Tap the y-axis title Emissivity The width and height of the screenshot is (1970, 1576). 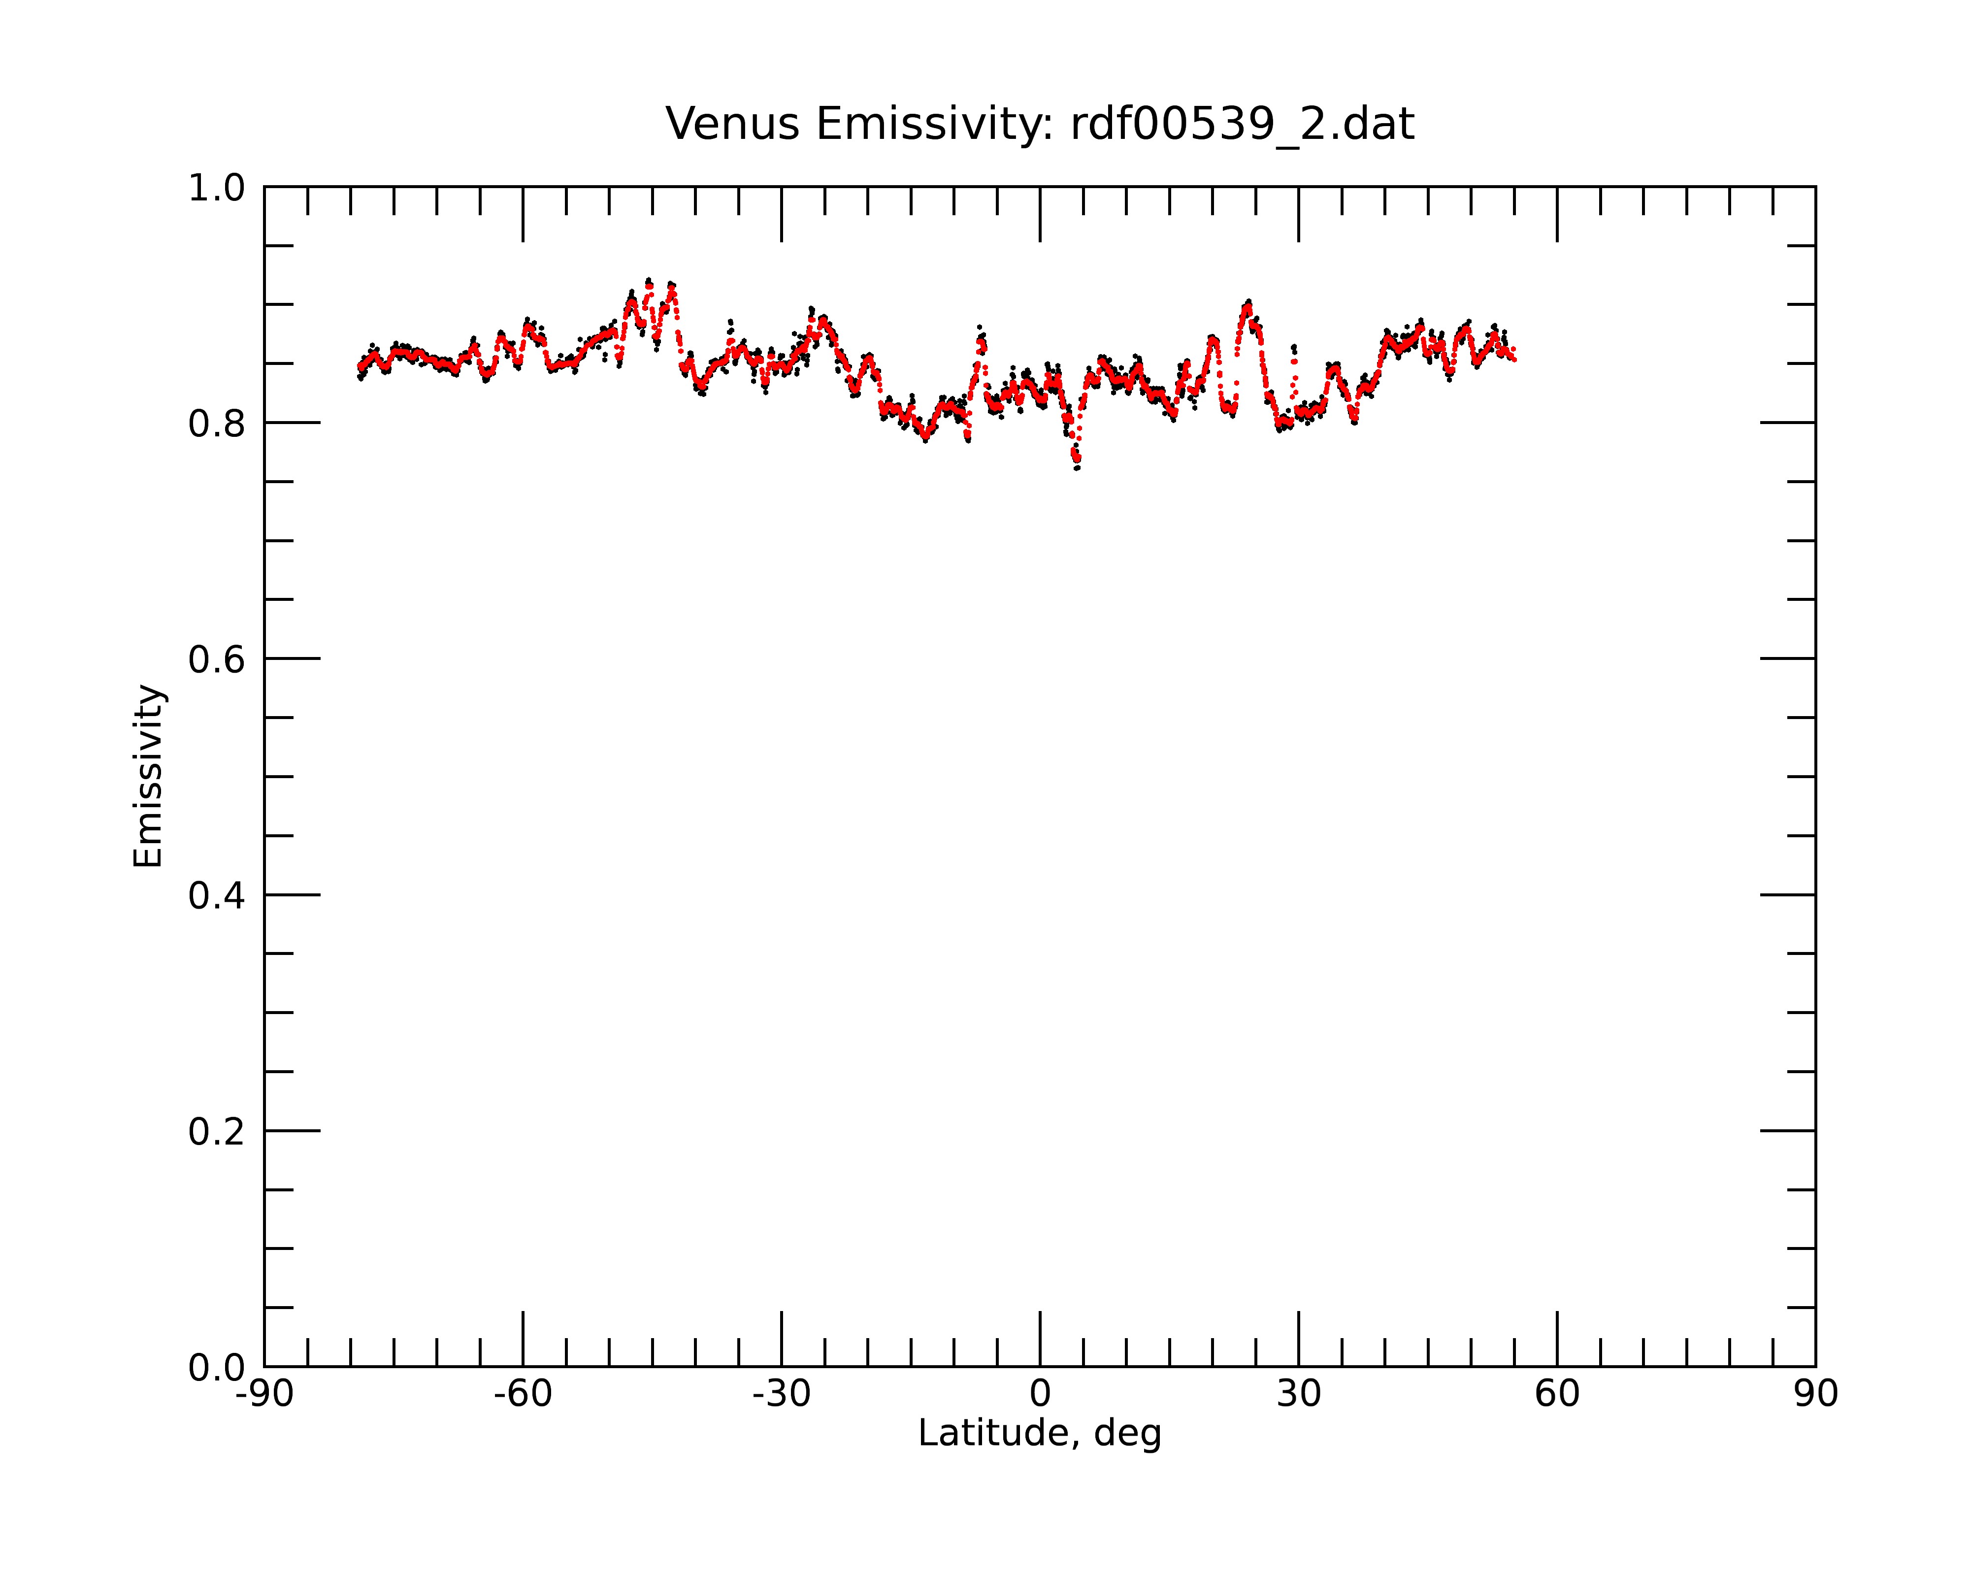pyautogui.click(x=148, y=776)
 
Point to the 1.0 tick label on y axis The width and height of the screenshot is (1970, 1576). pyautogui.click(x=217, y=188)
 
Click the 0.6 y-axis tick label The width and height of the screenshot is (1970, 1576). pyautogui.click(x=217, y=659)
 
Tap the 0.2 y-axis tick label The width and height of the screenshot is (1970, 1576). pyautogui.click(x=217, y=1132)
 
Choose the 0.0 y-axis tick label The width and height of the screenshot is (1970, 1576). pyautogui.click(x=217, y=1368)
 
